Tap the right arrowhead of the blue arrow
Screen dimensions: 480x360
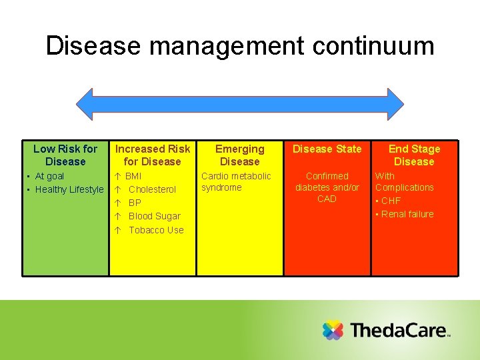click(394, 103)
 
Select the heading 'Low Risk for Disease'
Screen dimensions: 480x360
click(65, 155)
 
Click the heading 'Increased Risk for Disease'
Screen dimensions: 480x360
click(153, 155)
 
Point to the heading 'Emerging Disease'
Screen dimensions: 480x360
click(240, 155)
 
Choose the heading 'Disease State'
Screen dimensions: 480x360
click(327, 149)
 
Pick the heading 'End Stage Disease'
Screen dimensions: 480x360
click(414, 155)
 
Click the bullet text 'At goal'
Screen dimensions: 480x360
click(49, 176)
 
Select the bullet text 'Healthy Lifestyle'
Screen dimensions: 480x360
click(69, 189)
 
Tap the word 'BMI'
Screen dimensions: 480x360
click(133, 176)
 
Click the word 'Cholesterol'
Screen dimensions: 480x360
click(152, 189)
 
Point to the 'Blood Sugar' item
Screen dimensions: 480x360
click(155, 216)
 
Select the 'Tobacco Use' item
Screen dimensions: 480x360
click(156, 230)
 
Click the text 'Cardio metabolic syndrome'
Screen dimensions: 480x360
click(236, 181)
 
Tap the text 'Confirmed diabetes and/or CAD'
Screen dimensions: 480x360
click(327, 187)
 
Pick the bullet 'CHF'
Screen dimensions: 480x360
click(391, 201)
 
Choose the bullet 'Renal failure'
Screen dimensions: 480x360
click(407, 214)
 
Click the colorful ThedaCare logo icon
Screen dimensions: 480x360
click(333, 331)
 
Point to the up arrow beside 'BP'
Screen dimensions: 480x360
click(117, 203)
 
